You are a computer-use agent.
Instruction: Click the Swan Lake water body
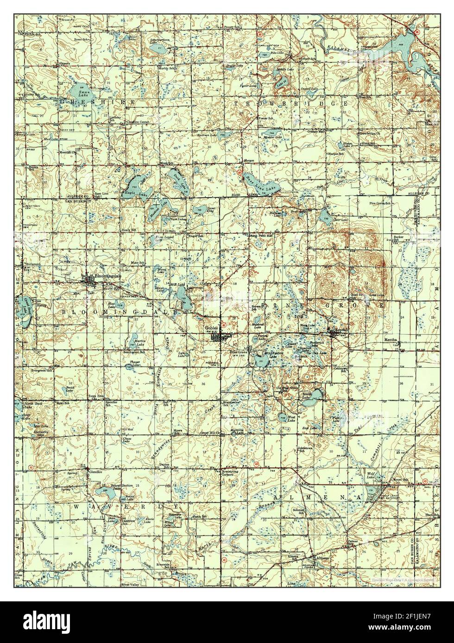[x=79, y=89]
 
